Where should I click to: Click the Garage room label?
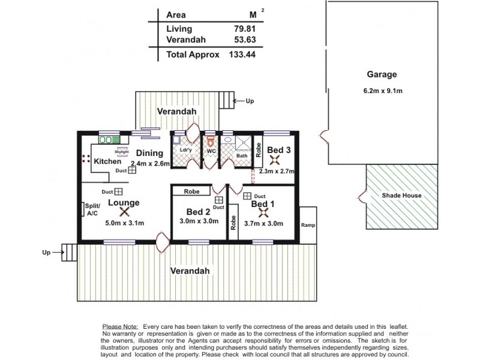(x=382, y=74)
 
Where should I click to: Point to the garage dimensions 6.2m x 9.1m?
(x=382, y=90)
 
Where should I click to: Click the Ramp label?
(x=308, y=226)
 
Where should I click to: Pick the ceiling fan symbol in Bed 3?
(x=275, y=160)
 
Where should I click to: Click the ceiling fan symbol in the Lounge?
(x=124, y=212)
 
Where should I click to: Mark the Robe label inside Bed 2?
(x=191, y=192)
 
